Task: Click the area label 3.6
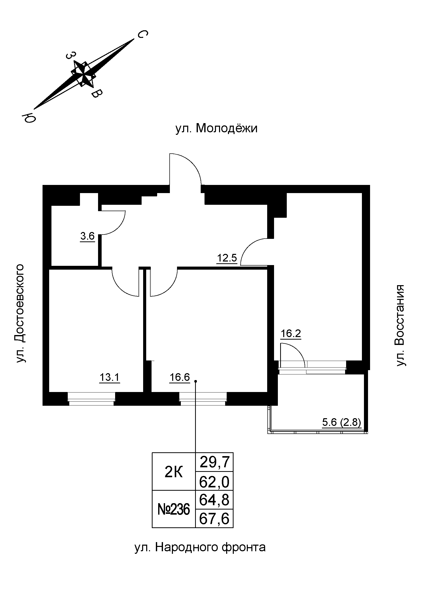87,236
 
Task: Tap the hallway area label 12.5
227,258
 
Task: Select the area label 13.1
110,378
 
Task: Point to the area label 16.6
180,377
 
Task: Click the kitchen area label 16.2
291,333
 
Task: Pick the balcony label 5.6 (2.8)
341,423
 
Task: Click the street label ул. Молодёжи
216,128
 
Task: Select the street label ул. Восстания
401,325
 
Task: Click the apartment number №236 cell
173,510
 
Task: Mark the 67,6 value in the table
214,519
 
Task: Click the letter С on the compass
142,34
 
